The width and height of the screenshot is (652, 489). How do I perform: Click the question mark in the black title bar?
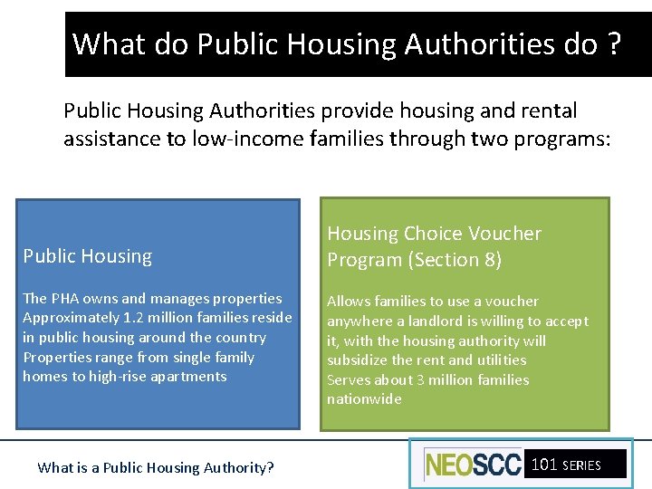pyautogui.click(x=615, y=43)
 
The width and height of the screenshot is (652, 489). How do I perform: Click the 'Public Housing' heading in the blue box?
pyautogui.click(x=88, y=256)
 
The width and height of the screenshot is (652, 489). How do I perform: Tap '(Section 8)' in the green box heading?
pyautogui.click(x=455, y=260)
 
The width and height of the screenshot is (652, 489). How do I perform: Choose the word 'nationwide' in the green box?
pyautogui.click(x=364, y=399)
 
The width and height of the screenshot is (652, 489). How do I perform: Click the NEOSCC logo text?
pyautogui.click(x=473, y=465)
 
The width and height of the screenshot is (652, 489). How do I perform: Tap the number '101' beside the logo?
pyautogui.click(x=544, y=465)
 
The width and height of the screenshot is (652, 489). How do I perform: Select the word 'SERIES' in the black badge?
pyautogui.click(x=581, y=465)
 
